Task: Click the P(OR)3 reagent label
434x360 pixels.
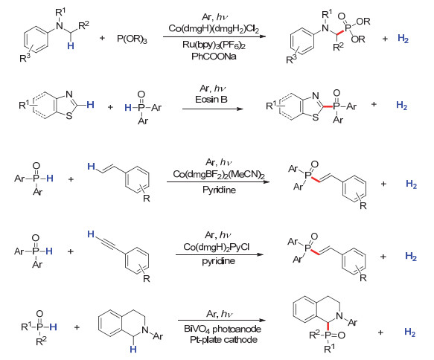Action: click(132, 39)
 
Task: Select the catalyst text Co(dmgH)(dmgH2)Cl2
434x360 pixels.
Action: click(214, 28)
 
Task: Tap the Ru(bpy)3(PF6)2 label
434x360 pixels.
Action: click(214, 45)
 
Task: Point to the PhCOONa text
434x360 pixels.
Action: click(214, 57)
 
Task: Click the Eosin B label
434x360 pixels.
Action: click(211, 99)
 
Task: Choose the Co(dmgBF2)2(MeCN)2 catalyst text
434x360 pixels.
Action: click(219, 175)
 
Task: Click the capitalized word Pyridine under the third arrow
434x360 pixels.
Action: click(219, 190)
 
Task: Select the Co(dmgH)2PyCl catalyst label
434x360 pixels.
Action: click(217, 247)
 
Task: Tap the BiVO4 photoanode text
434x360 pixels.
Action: click(223, 329)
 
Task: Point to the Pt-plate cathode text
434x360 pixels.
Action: click(223, 339)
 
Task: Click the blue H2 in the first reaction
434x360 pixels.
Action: click(403, 39)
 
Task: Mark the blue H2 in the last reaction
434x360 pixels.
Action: click(410, 332)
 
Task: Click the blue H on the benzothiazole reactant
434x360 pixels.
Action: click(90, 105)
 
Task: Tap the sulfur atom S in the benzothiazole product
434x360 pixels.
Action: click(315, 118)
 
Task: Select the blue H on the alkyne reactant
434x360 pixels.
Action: click(91, 234)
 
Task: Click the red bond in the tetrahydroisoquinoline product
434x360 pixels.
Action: click(328, 327)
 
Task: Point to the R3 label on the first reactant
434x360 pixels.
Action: click(25, 58)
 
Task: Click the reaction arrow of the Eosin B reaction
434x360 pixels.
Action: click(213, 109)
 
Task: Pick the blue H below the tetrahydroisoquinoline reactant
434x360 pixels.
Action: click(133, 350)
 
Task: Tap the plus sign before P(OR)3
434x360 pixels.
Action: click(102, 38)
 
